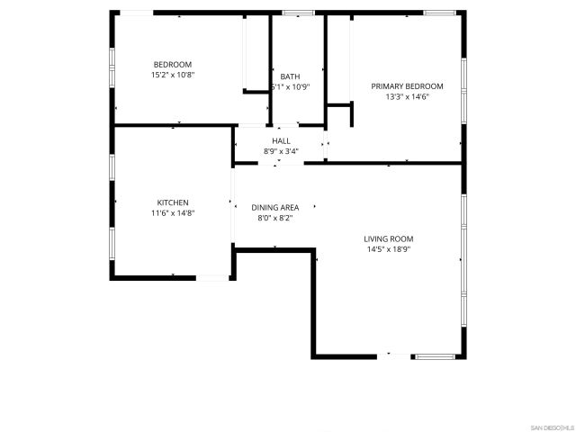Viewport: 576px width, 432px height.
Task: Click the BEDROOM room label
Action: point(173,64)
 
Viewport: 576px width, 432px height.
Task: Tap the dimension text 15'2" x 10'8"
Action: point(173,75)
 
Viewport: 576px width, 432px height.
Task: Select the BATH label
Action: point(290,76)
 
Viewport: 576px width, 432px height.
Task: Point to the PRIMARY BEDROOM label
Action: point(407,86)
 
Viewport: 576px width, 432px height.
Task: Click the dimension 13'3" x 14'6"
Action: point(407,96)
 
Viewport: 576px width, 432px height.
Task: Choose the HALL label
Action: point(282,141)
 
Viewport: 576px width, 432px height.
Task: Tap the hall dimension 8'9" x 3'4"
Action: point(282,151)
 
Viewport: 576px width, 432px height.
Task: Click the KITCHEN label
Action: point(173,202)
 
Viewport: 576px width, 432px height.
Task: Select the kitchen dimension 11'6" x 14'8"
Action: point(173,213)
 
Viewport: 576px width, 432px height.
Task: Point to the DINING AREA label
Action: point(274,208)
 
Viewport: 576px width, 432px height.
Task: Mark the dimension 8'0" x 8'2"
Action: point(274,218)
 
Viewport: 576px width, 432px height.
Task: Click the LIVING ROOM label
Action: point(389,238)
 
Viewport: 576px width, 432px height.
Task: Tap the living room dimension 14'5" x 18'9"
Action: point(389,249)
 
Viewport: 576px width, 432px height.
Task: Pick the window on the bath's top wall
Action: point(297,13)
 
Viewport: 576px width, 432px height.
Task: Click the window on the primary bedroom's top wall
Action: point(438,13)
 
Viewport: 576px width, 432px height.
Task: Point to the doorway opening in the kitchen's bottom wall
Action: point(214,278)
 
